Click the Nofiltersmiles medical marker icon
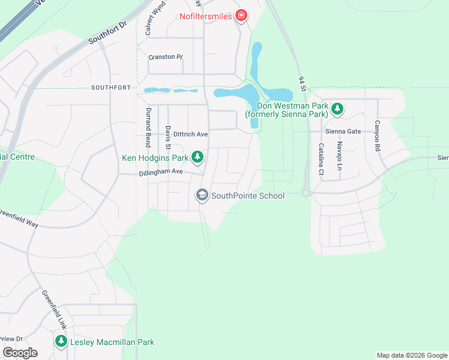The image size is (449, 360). tap(241, 16)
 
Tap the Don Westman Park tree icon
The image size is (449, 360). tap(338, 109)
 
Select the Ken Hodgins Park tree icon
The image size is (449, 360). tap(197, 158)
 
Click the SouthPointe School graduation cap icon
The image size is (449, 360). tap(202, 195)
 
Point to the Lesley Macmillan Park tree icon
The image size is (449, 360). tap(61, 341)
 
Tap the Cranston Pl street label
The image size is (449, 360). tap(165, 57)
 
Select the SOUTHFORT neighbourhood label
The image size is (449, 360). tap(110, 88)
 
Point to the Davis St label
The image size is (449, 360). tap(168, 137)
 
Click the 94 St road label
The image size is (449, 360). tap(303, 85)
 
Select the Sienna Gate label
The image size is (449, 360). tap(343, 131)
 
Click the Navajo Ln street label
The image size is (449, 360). tap(339, 155)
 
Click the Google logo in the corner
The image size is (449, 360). tap(20, 352)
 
